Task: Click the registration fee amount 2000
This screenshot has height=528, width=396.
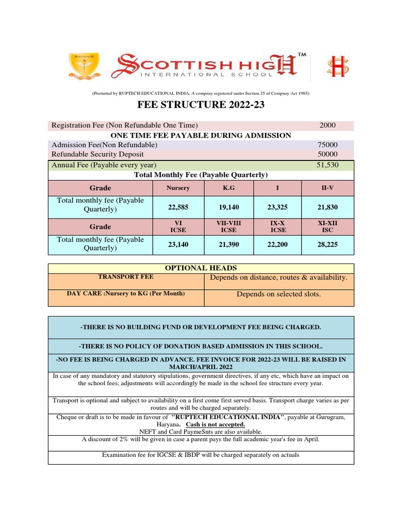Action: pos(327,125)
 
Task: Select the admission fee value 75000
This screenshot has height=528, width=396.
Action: pos(327,145)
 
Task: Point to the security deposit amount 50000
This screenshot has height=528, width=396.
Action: pos(327,154)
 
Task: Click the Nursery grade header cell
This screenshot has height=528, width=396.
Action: pos(178,188)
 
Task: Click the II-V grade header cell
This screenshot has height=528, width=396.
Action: pos(328,188)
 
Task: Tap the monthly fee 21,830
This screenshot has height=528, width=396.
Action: pos(328,207)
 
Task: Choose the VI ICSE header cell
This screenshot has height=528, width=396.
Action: pos(178,226)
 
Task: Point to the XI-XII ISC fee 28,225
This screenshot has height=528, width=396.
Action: pos(328,244)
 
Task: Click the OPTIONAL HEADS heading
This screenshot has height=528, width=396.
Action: pos(201,268)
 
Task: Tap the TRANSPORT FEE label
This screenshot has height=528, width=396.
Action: pos(126,277)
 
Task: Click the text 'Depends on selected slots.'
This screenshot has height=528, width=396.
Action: pos(278,294)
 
